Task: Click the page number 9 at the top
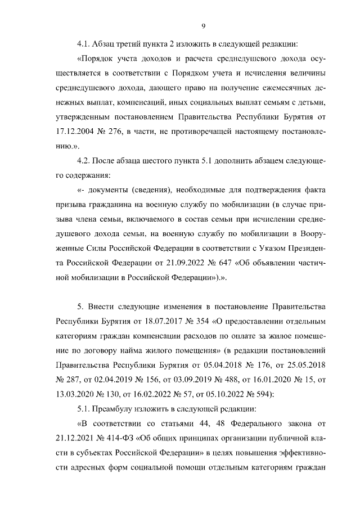coord(202,25)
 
